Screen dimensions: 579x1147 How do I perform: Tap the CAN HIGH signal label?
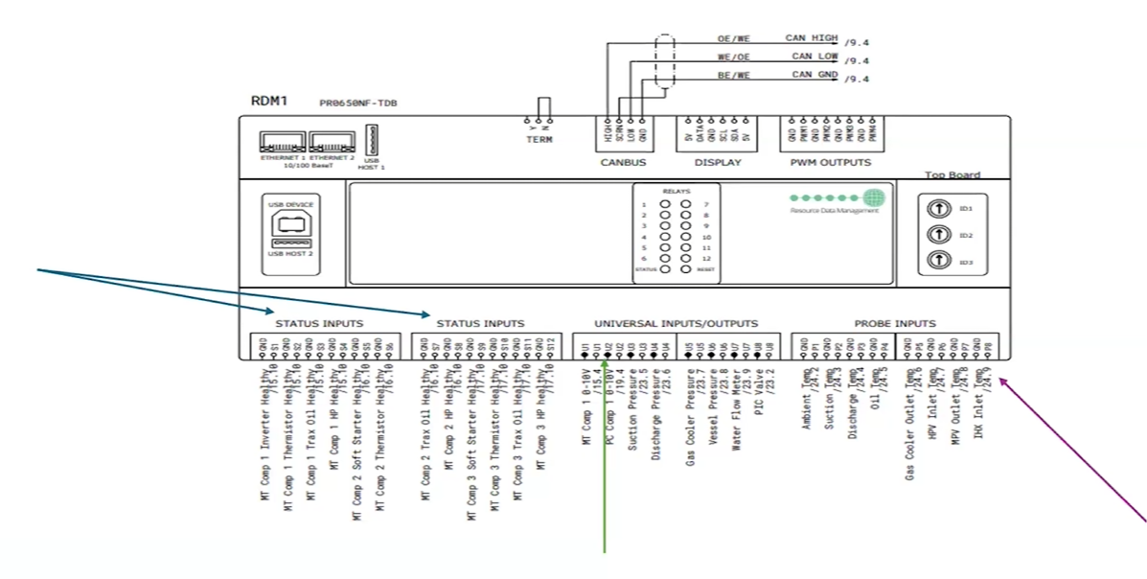(x=811, y=38)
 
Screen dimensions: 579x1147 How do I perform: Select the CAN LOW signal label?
(x=814, y=57)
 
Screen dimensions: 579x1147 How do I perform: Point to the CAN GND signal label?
(x=814, y=75)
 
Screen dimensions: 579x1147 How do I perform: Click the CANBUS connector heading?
(x=623, y=163)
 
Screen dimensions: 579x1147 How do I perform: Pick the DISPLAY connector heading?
(x=717, y=163)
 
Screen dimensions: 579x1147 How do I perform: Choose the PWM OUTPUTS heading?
(x=831, y=163)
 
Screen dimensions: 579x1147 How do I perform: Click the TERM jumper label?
(x=539, y=140)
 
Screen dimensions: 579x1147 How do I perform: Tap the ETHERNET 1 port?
(x=282, y=142)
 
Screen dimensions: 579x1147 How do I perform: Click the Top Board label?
(x=952, y=175)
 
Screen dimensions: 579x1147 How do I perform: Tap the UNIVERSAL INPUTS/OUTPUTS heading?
(x=676, y=324)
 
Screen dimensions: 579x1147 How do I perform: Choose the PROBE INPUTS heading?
(x=895, y=324)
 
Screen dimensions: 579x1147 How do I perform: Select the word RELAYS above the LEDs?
(x=676, y=192)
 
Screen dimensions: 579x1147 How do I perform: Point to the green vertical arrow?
(x=606, y=460)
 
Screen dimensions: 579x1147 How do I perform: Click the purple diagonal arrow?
(x=1073, y=451)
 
